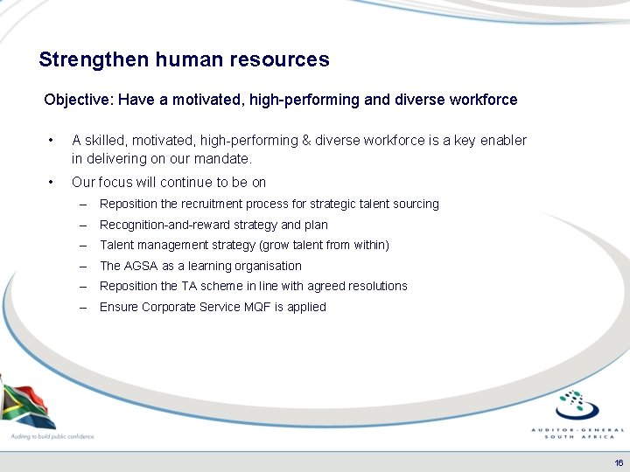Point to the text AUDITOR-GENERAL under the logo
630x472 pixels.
pyautogui.click(x=578, y=430)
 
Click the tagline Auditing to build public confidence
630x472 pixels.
pyautogui.click(x=52, y=435)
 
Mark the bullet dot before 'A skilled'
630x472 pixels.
pyautogui.click(x=53, y=141)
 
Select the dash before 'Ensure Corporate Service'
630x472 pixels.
pyautogui.click(x=82, y=307)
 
